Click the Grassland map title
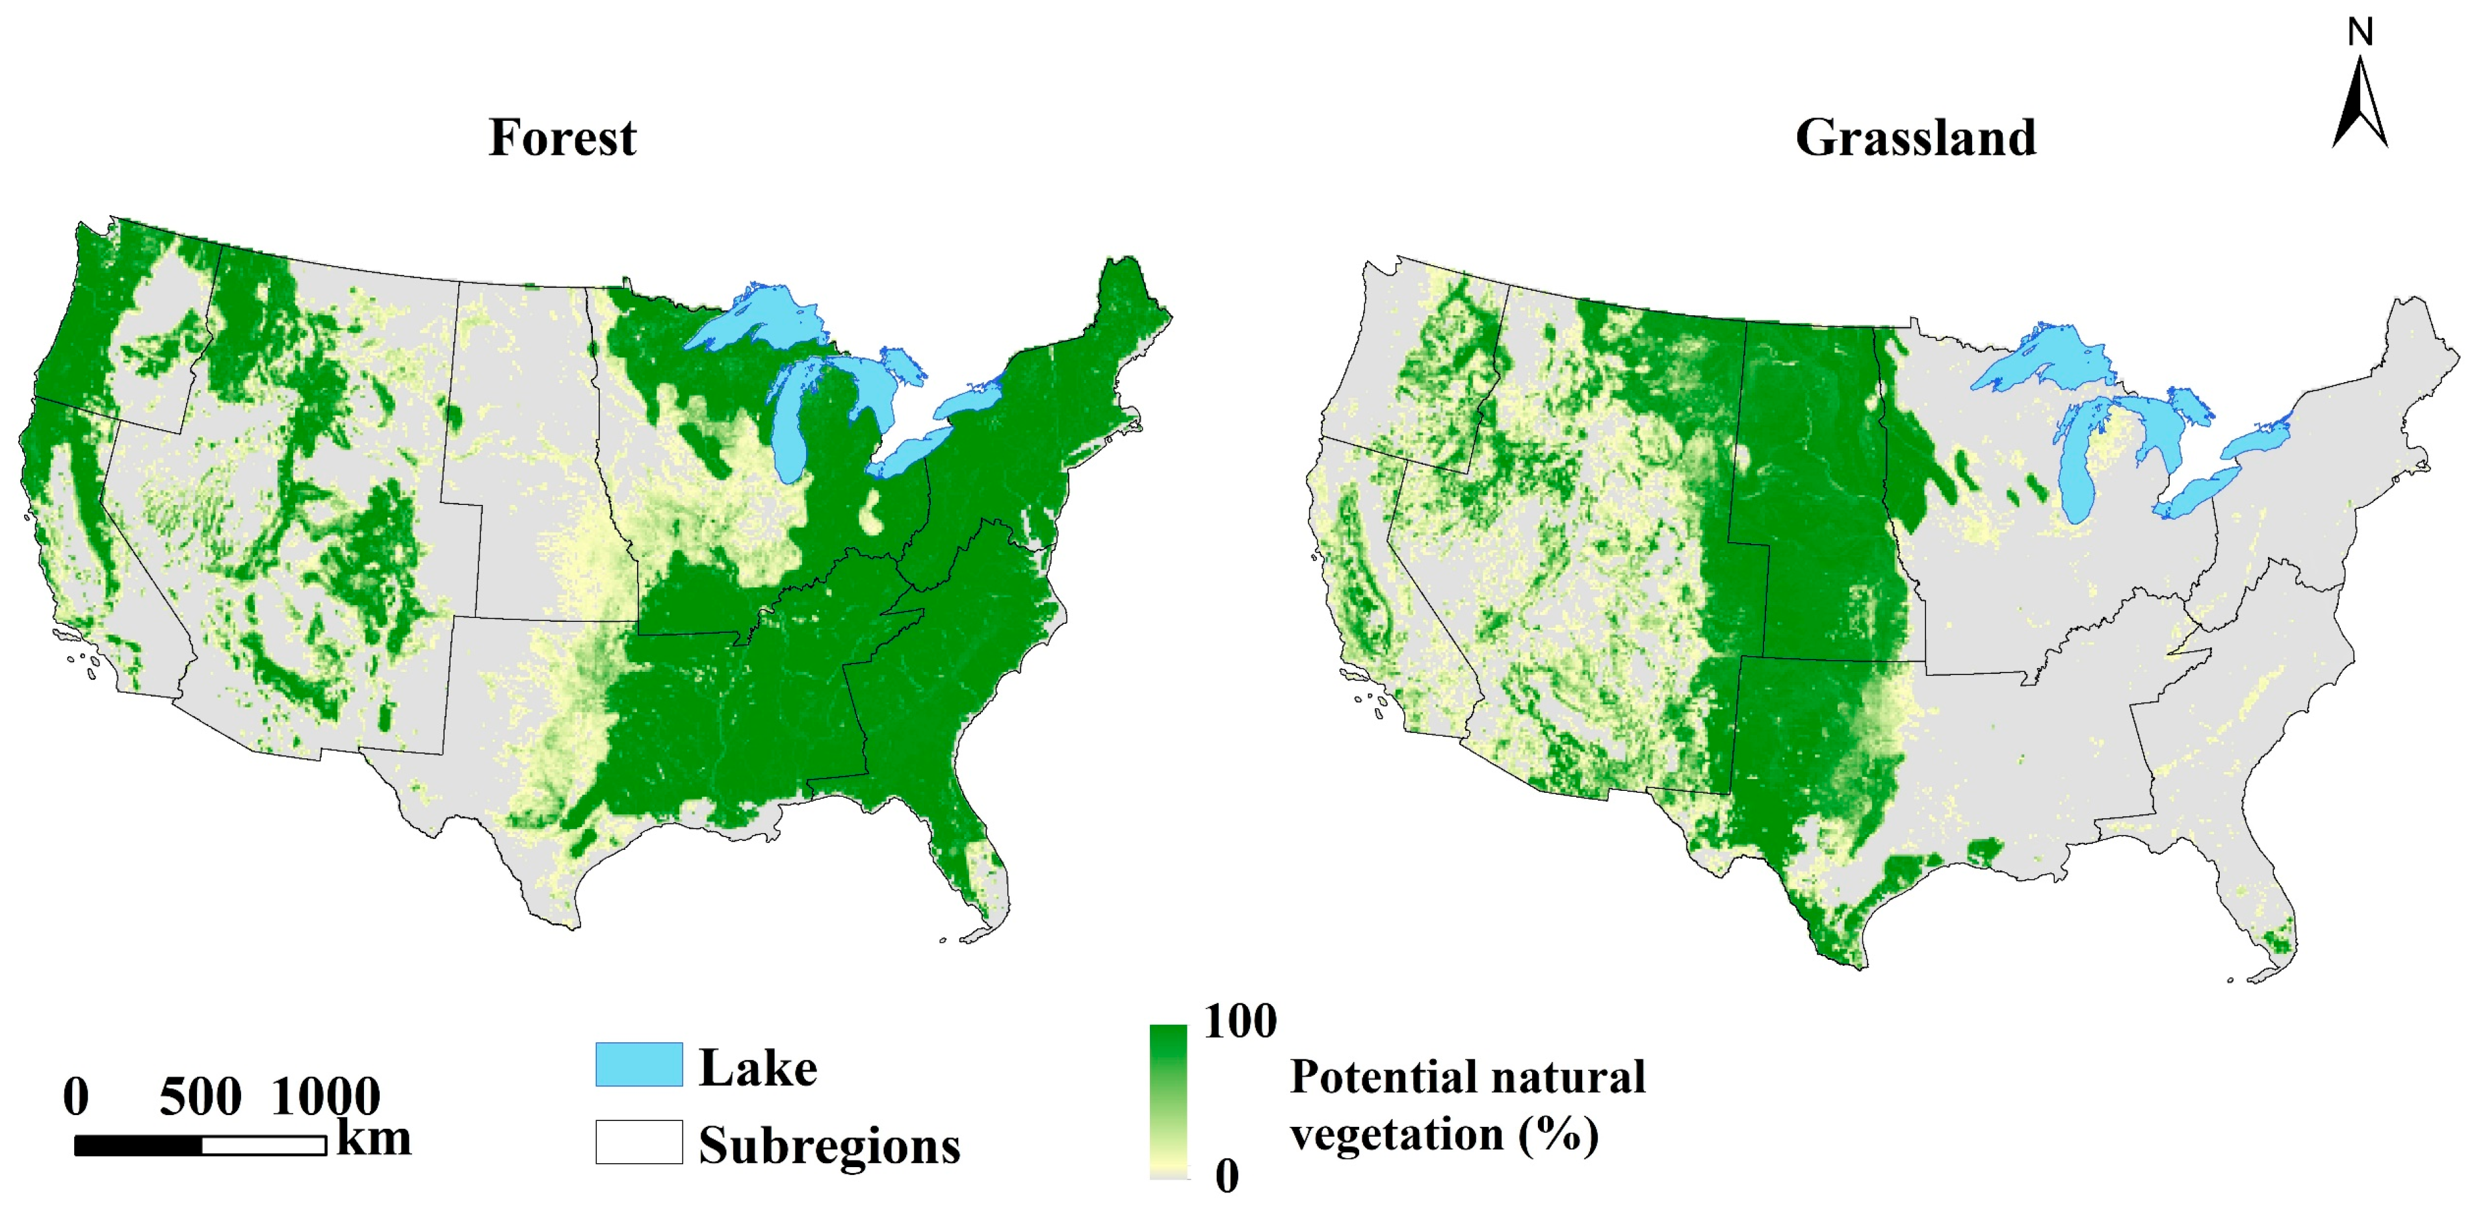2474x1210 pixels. tap(1915, 137)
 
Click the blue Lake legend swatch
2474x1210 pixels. tap(639, 1064)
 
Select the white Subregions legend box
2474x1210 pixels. tap(639, 1142)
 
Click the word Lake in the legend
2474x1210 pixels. tap(758, 1068)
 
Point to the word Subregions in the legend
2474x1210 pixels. tap(829, 1146)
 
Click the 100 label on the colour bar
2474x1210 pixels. tap(1240, 1021)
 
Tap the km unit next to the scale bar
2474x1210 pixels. tap(374, 1139)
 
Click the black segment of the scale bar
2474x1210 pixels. tap(138, 1146)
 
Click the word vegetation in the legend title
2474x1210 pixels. tap(1396, 1135)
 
